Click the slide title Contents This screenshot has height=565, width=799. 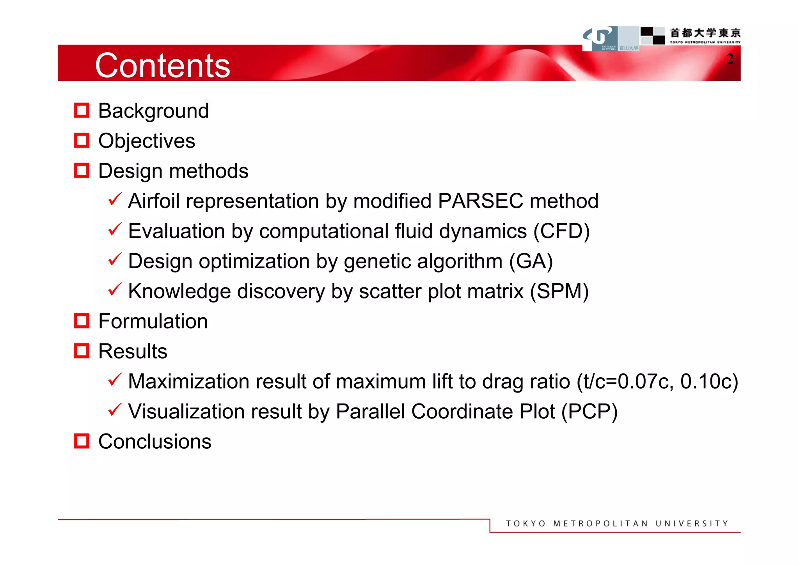(162, 65)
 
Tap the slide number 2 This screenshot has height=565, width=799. (730, 59)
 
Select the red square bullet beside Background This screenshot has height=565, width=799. (82, 110)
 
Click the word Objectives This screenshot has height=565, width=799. (147, 141)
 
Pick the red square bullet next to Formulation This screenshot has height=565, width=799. (82, 321)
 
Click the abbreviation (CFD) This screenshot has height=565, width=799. (561, 231)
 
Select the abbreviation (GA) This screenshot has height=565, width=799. (531, 261)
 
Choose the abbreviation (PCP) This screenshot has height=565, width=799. (589, 411)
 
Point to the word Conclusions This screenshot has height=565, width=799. (155, 441)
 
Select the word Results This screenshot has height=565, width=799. (133, 351)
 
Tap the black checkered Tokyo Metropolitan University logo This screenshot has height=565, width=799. (653, 36)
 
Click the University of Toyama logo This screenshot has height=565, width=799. (600, 38)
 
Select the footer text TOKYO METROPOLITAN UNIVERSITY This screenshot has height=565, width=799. (617, 523)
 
